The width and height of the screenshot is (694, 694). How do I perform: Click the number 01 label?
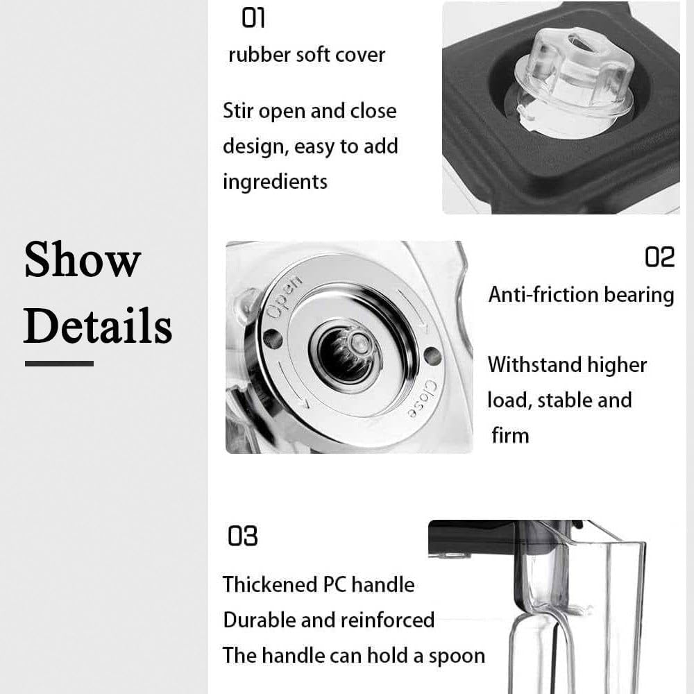[253, 18]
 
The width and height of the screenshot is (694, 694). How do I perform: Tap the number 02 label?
[659, 257]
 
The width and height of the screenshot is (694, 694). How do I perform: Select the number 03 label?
[242, 536]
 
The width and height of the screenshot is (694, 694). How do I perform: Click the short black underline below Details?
[59, 363]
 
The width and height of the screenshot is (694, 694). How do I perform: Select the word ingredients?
[275, 182]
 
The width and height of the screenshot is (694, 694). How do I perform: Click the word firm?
[510, 435]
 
